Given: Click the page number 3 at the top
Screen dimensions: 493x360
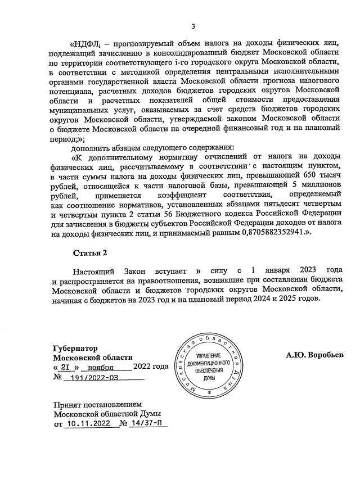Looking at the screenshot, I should [193, 26].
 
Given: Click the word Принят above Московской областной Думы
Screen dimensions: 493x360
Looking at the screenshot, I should [67, 404].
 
